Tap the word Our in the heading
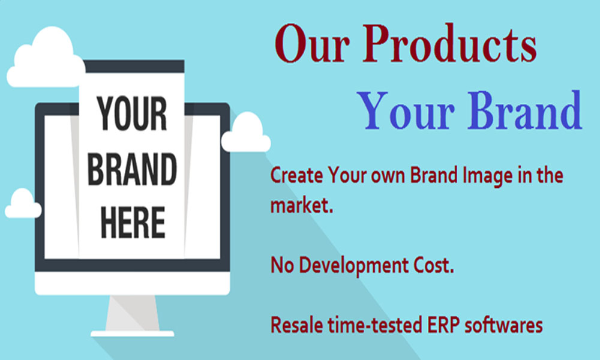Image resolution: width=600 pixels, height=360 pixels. tap(312, 44)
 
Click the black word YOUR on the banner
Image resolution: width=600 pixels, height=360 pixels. tap(132, 113)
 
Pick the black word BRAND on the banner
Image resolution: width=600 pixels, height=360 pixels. tap(132, 169)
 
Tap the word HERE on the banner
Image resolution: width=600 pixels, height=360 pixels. tap(133, 222)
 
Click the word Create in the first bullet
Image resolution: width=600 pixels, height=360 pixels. tap(297, 176)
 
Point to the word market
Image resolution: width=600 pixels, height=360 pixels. tap(302, 205)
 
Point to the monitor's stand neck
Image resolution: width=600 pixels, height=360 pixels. tap(133, 313)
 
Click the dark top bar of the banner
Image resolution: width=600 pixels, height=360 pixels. tap(134, 66)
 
